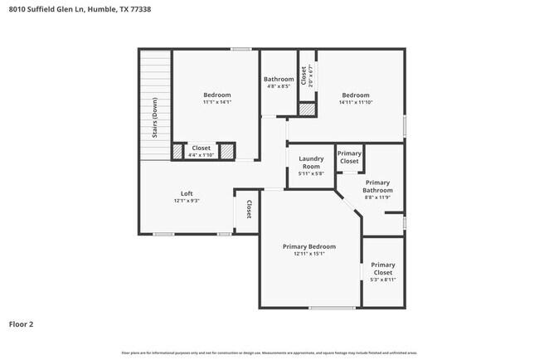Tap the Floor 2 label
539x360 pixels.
[22, 324]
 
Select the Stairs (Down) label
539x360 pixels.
[154, 119]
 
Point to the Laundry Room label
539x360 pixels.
[310, 162]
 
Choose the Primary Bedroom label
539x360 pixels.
[308, 246]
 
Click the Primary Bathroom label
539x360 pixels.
[377, 186]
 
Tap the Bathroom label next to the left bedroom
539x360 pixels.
[279, 79]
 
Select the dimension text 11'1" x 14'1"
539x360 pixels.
[217, 103]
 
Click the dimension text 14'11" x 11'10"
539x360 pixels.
[356, 103]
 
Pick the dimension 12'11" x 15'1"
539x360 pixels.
[308, 255]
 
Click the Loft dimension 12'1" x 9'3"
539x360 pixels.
[187, 201]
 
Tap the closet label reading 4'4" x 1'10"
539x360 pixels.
[201, 155]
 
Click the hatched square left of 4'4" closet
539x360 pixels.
[177, 152]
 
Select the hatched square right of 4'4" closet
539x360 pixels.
[226, 152]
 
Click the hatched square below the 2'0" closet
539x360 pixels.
[307, 109]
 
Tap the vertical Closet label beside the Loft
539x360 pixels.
[248, 210]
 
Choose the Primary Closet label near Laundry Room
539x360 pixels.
[349, 157]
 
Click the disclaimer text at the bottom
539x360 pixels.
[269, 353]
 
